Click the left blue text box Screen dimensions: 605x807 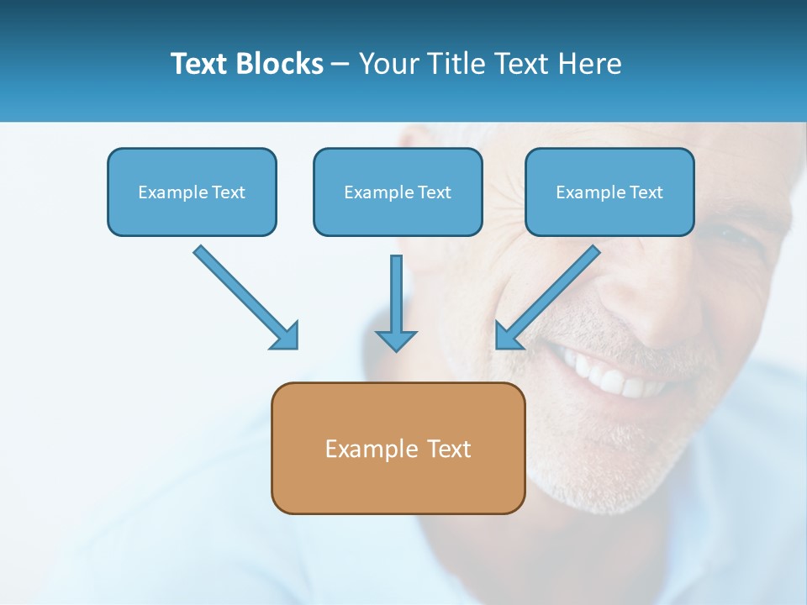pyautogui.click(x=192, y=192)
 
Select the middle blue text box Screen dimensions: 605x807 pyautogui.click(x=398, y=192)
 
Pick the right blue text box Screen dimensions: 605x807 pyautogui.click(x=609, y=192)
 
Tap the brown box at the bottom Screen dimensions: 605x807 pyautogui.click(x=398, y=448)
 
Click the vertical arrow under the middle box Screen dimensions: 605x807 pyautogui.click(x=396, y=302)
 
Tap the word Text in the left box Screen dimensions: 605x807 pyautogui.click(x=228, y=192)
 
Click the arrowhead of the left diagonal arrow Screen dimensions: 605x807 pyautogui.click(x=286, y=335)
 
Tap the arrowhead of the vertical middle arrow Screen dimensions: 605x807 pyautogui.click(x=396, y=339)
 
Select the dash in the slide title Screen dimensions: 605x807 pyautogui.click(x=340, y=65)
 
